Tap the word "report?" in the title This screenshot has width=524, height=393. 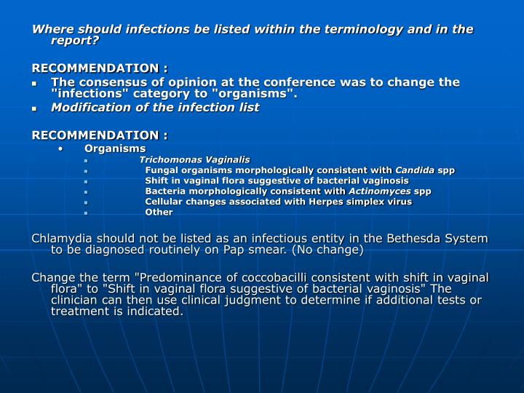pos(75,41)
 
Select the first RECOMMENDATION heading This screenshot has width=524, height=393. pos(100,68)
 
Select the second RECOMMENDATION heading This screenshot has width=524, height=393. pos(100,135)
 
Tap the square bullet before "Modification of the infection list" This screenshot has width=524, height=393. pos(35,108)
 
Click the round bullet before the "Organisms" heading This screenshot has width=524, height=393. pos(61,148)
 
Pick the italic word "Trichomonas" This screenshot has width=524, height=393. pos(165,159)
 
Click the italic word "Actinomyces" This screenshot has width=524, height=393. pos(379,191)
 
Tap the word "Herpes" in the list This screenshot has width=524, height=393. pos(314,202)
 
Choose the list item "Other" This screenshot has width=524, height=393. pos(159,213)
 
